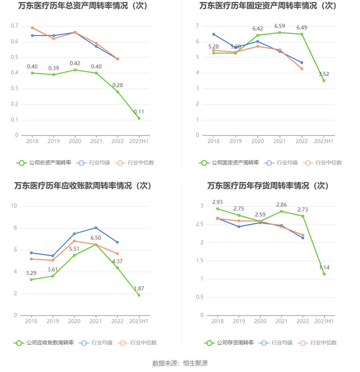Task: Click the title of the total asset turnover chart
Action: (x=83, y=6)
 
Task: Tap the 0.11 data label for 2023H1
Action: (x=139, y=112)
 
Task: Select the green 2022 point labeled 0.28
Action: (x=118, y=92)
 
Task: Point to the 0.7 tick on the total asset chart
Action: (x=14, y=26)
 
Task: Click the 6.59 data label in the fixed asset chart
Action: (x=280, y=26)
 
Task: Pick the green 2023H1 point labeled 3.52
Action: (x=324, y=80)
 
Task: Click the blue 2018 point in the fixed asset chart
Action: (x=214, y=34)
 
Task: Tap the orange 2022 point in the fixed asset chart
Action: (x=302, y=69)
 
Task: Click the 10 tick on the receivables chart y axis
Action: (x=14, y=206)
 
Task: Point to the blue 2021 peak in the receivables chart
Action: (x=96, y=228)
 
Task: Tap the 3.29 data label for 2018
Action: (x=31, y=273)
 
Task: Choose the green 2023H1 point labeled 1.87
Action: (x=139, y=295)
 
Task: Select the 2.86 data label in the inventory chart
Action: (x=282, y=205)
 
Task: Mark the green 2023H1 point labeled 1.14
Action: (x=324, y=274)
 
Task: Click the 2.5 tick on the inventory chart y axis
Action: (x=199, y=224)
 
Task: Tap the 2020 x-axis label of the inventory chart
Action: (x=260, y=321)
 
